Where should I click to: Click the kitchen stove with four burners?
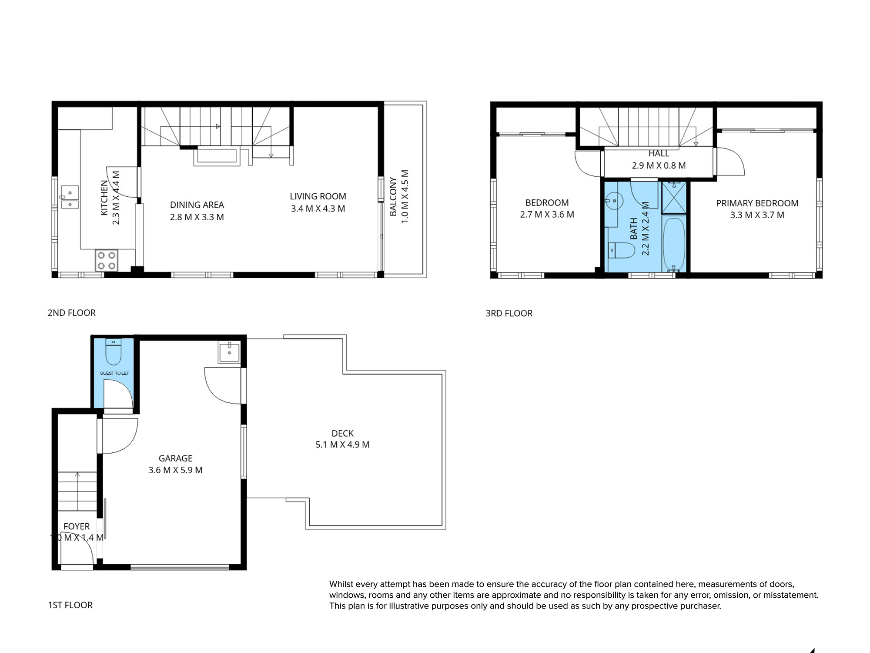[x=107, y=260]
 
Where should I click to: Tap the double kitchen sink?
[x=70, y=198]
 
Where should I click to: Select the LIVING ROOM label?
[x=318, y=196]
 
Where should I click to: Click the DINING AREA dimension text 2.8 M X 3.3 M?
[x=197, y=217]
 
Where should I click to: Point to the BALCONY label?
[x=393, y=196]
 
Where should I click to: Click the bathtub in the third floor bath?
[x=674, y=244]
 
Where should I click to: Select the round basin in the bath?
[x=614, y=201]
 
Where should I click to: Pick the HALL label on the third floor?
[x=659, y=154]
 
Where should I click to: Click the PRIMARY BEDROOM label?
[x=757, y=203]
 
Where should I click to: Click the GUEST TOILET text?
[x=114, y=373]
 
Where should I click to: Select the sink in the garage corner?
[x=229, y=352]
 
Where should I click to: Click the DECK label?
[x=342, y=433]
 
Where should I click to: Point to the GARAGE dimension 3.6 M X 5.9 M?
[x=175, y=470]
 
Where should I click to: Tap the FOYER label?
[x=77, y=526]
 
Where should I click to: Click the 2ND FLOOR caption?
[x=71, y=313]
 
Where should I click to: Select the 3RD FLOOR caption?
[x=509, y=313]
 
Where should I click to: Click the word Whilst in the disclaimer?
[x=342, y=584]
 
